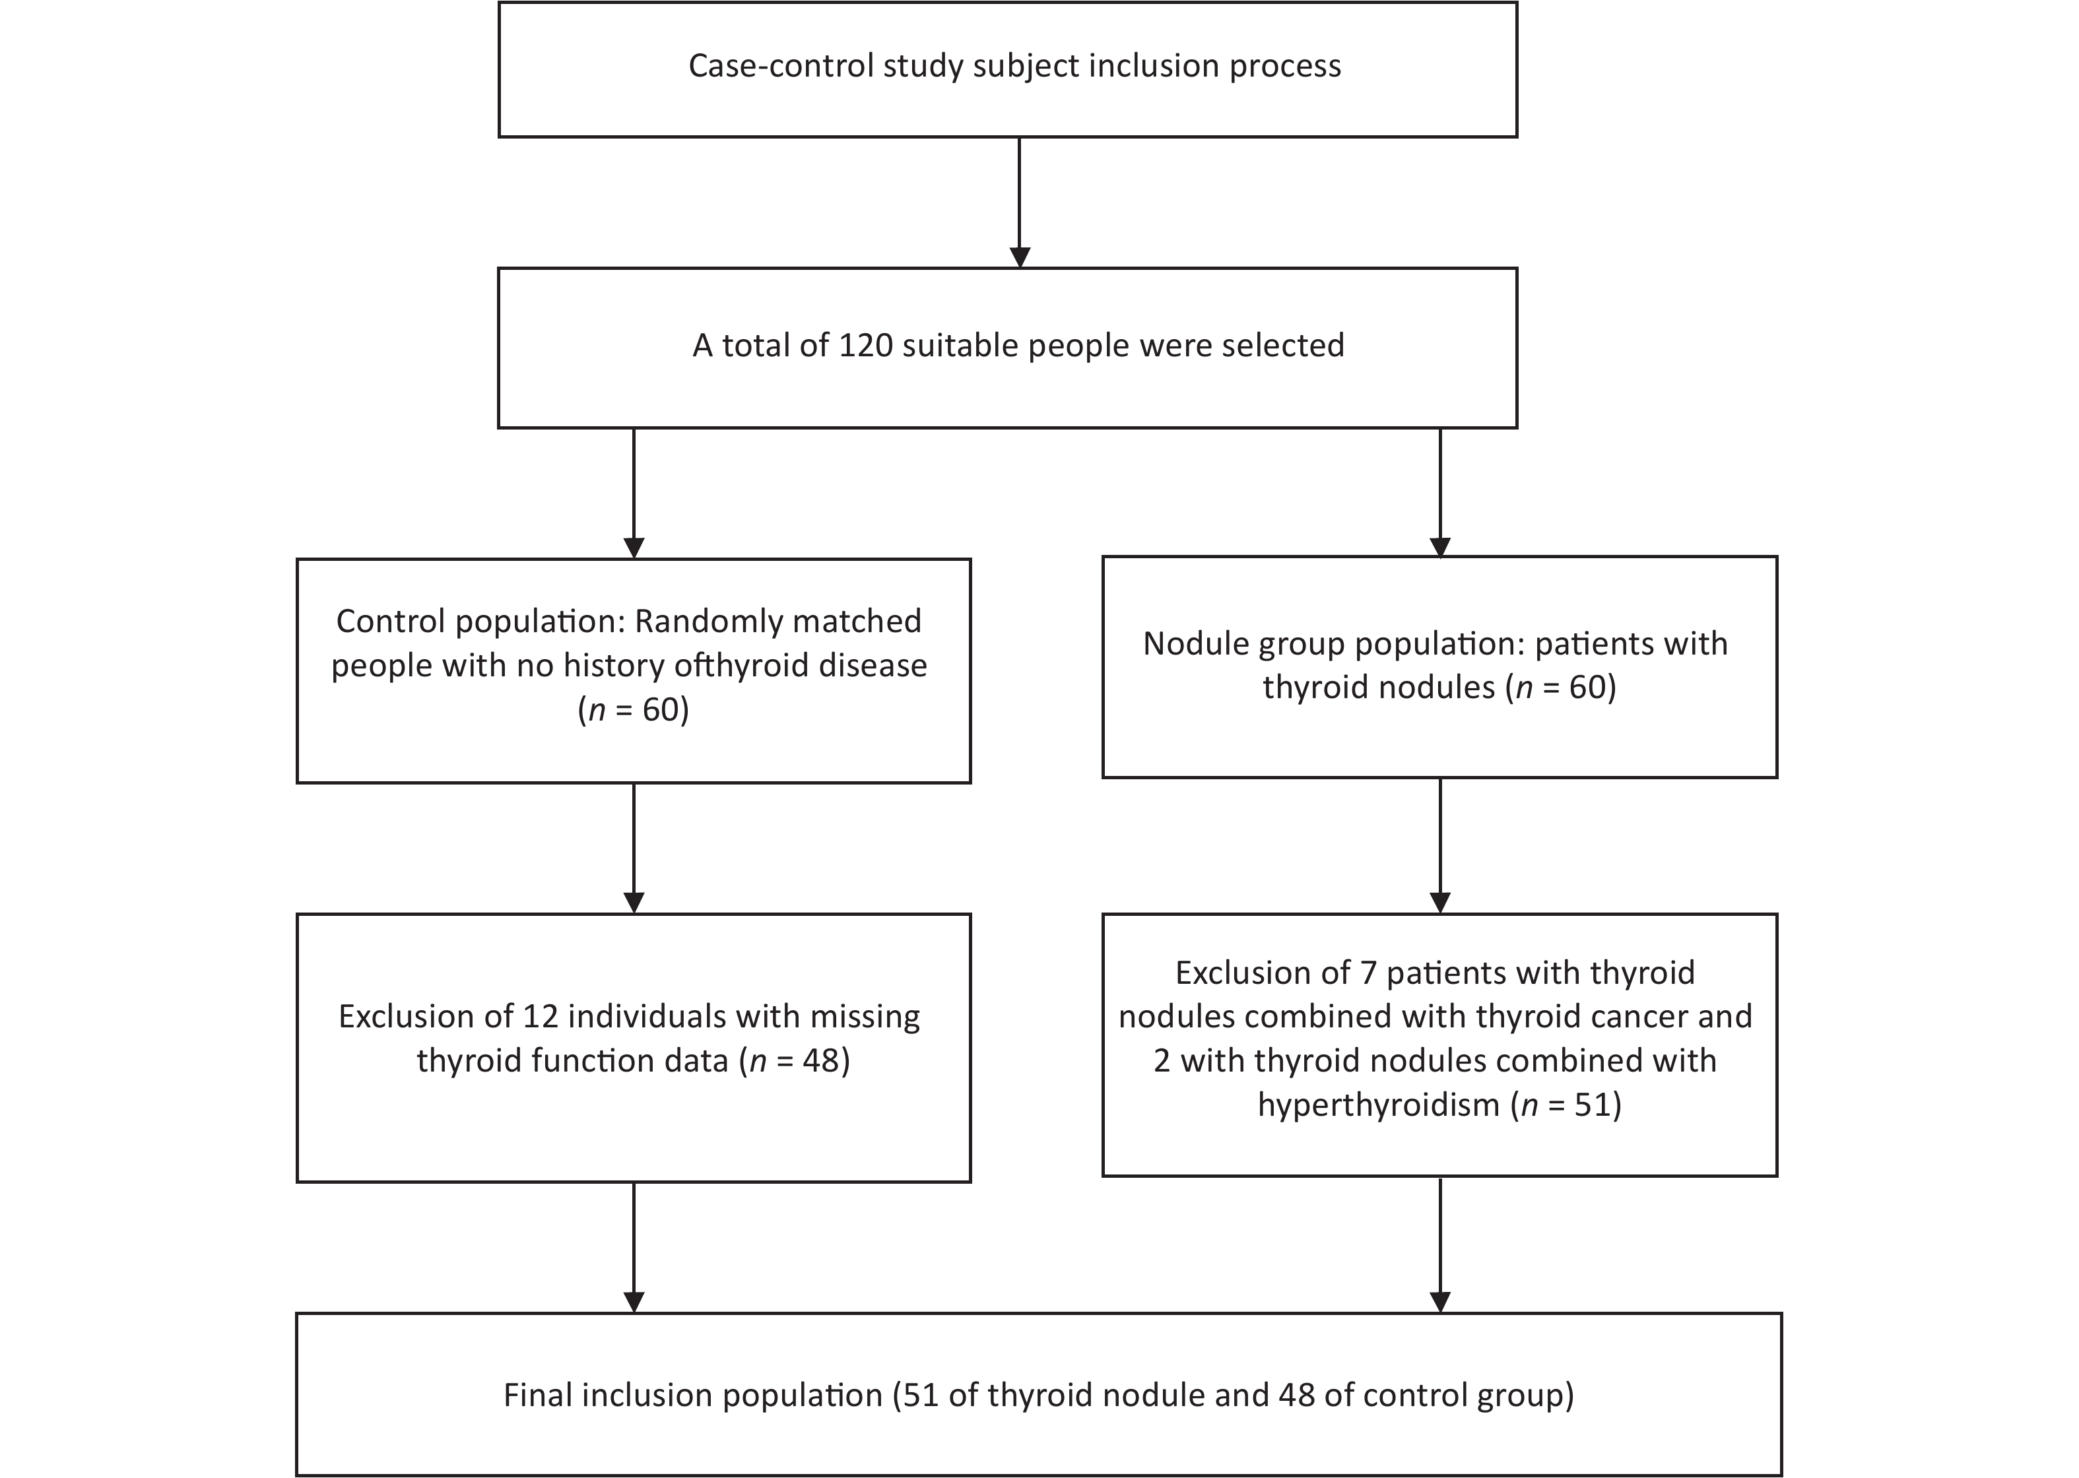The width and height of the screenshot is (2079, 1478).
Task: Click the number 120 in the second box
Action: pos(866,346)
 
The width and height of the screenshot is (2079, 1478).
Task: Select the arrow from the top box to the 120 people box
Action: pos(1020,202)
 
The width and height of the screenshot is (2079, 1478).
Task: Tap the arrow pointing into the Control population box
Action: pos(634,494)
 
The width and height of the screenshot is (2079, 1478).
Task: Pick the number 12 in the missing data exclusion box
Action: pos(541,1017)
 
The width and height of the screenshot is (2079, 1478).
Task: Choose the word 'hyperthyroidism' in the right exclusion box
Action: pos(1379,1105)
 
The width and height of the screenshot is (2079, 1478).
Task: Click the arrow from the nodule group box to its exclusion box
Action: pos(1440,845)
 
